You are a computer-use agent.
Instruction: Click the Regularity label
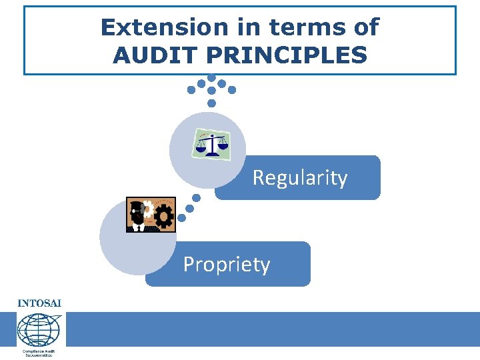[299, 178]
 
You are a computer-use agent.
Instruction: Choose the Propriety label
[227, 265]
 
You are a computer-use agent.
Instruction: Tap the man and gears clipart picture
[151, 215]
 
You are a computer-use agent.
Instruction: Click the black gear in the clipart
[164, 217]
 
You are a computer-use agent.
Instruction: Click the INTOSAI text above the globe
[39, 303]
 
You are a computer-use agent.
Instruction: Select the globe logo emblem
[39, 329]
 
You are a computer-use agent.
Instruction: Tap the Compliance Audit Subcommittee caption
[39, 353]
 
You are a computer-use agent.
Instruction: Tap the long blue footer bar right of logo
[273, 329]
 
